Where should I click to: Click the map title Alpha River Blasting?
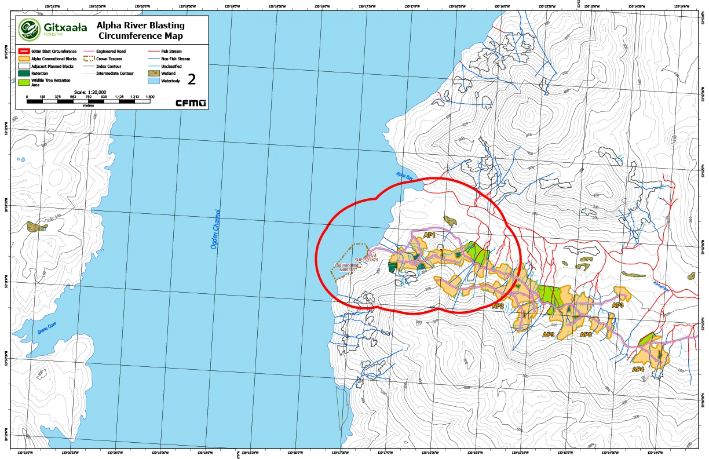pyautogui.click(x=140, y=25)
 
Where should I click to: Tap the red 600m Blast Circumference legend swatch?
pyautogui.click(x=24, y=52)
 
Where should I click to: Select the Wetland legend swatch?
pyautogui.click(x=152, y=74)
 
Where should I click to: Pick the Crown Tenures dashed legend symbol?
pyautogui.click(x=90, y=59)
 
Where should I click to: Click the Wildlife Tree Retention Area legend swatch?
pyautogui.click(x=24, y=82)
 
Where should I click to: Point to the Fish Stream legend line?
pyautogui.click(x=152, y=52)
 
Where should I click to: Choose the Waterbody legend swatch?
pyautogui.click(x=152, y=81)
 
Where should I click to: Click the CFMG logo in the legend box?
pyautogui.click(x=191, y=103)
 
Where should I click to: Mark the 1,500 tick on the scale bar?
pyautogui.click(x=150, y=97)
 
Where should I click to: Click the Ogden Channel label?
pyautogui.click(x=216, y=230)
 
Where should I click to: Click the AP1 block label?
pyautogui.click(x=429, y=235)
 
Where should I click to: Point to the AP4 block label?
pyautogui.click(x=638, y=369)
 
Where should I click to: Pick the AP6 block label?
pyautogui.click(x=585, y=334)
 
